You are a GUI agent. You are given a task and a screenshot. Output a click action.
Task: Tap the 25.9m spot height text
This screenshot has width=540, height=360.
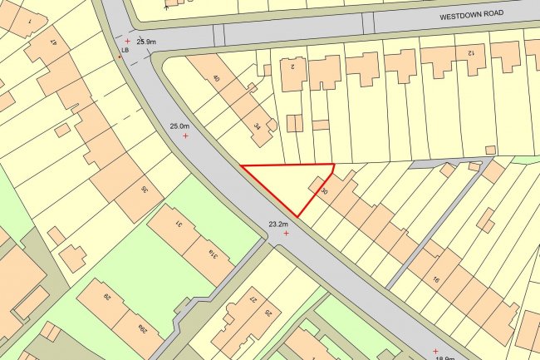pyautogui.click(x=146, y=42)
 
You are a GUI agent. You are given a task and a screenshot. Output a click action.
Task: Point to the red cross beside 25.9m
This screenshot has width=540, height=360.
pyautogui.click(x=127, y=41)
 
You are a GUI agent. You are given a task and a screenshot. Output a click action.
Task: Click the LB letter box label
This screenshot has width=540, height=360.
pyautogui.click(x=125, y=51)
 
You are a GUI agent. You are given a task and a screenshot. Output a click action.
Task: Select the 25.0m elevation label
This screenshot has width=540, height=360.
pyautogui.click(x=179, y=126)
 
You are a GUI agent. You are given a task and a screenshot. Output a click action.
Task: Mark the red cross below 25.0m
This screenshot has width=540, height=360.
pyautogui.click(x=185, y=136)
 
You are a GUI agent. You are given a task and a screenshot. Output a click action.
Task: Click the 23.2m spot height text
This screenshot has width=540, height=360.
pyautogui.click(x=277, y=224)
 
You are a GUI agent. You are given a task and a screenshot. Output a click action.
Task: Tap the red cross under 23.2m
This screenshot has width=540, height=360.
pyautogui.click(x=286, y=234)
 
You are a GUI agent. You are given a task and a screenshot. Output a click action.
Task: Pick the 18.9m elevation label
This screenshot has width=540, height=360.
pyautogui.click(x=445, y=356)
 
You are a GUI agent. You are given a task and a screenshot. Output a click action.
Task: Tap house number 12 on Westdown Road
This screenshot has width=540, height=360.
pyautogui.click(x=469, y=52)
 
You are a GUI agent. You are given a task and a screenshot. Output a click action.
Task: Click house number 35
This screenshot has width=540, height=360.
pyautogui.click(x=145, y=190)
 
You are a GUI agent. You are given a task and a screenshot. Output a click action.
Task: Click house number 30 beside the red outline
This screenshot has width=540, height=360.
pyautogui.click(x=323, y=191)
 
